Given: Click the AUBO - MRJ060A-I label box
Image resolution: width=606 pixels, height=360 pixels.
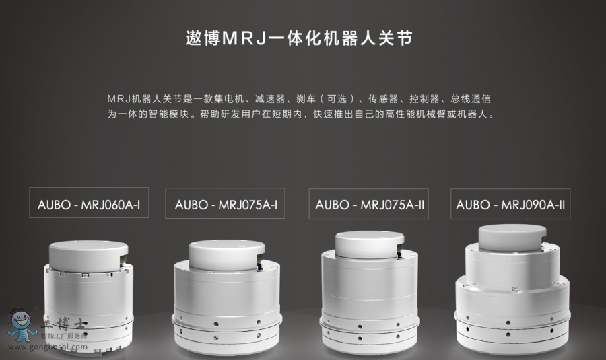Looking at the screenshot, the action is (89, 203).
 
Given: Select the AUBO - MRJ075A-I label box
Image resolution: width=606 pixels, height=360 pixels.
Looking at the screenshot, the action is (225, 203).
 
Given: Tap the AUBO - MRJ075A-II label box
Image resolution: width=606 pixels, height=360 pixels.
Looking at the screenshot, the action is (369, 204).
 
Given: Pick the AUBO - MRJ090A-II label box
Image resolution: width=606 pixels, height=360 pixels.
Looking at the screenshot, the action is (510, 204).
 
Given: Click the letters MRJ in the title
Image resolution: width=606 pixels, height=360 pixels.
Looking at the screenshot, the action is (244, 38).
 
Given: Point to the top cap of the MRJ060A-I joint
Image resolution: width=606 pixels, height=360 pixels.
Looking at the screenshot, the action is (88, 255).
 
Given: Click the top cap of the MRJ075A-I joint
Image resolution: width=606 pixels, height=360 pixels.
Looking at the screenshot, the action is (227, 254).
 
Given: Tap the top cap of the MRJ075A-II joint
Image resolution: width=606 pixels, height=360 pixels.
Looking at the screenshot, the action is (370, 244).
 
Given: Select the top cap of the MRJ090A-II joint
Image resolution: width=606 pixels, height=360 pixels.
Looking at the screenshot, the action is (512, 238).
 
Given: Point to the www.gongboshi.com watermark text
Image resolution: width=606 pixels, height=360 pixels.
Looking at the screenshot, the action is (48, 347).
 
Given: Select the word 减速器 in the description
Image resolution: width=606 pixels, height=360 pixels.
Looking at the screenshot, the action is (270, 99).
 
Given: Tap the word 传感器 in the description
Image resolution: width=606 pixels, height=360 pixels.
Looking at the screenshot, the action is (383, 99).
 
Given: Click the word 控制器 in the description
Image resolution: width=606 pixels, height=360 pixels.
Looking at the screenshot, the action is (424, 99).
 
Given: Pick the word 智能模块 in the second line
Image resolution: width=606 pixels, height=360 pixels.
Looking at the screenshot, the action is (169, 114).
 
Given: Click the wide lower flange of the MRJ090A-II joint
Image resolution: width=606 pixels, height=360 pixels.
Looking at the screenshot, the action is (512, 315).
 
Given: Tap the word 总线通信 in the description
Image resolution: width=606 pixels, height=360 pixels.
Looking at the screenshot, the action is (471, 99).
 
